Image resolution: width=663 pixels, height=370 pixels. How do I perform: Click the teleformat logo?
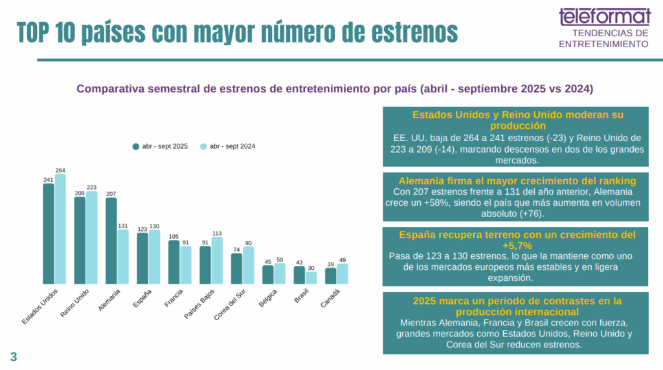605,16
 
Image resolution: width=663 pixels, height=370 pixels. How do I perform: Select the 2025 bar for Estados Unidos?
48,234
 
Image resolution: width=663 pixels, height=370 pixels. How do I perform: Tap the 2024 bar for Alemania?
122,256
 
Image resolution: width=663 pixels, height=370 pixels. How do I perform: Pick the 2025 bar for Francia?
174,262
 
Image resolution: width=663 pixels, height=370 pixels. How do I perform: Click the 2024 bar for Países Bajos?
217,260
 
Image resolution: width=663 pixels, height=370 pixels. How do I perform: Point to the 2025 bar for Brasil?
299,275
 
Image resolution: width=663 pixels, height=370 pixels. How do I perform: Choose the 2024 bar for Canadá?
342,274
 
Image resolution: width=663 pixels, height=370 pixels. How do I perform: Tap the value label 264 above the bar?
60,170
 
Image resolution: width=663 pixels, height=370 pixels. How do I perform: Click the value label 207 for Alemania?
111,194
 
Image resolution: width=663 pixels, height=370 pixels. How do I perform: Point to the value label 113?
217,234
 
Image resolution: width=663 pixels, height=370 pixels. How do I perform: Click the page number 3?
13,356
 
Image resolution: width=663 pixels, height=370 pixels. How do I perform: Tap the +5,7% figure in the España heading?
517,246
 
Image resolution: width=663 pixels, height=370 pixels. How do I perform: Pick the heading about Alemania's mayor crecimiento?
517,180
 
